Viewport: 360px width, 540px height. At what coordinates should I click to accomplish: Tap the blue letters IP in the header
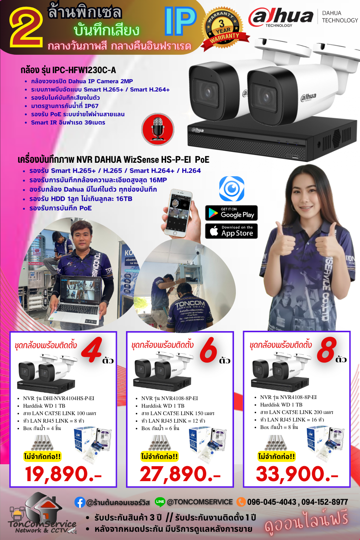point(180,21)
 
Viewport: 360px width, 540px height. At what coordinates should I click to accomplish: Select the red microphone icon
point(158,129)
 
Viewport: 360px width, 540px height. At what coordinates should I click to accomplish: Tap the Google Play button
point(231,213)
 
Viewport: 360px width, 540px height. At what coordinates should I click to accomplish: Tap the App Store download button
point(231,231)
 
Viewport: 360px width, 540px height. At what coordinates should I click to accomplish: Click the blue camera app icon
point(232,189)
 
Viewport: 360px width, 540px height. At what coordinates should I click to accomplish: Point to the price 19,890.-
point(63,474)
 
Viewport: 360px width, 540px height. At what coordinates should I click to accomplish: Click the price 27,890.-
point(180,474)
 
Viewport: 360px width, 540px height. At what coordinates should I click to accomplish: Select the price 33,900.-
point(297,474)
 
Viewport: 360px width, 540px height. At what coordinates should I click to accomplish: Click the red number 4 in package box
point(92,350)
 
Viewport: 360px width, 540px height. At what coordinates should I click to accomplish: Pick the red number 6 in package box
point(208,350)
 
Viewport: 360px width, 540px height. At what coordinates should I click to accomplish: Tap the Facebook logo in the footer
point(80,502)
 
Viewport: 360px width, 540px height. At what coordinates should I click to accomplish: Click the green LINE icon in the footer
point(160,501)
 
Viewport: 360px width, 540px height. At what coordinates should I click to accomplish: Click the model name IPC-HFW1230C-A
point(84,70)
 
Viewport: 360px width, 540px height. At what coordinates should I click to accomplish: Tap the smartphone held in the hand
point(179,212)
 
